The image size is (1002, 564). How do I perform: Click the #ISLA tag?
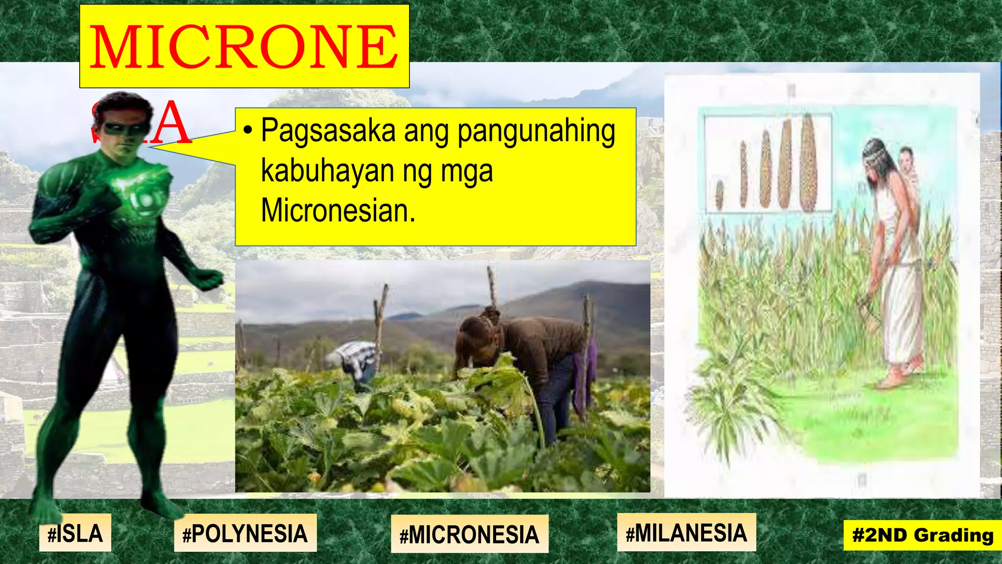(75, 533)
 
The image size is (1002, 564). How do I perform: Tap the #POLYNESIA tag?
(245, 533)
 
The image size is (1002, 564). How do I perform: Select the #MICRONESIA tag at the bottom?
(469, 534)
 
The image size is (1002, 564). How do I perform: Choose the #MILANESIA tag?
(686, 533)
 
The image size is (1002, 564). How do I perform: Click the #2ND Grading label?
(923, 535)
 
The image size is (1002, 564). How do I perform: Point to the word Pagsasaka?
(328, 131)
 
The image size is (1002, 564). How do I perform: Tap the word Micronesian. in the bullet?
(338, 211)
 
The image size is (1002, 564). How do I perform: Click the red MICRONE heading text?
(244, 47)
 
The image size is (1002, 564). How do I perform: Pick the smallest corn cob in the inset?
(720, 194)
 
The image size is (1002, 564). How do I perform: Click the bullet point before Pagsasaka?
(248, 131)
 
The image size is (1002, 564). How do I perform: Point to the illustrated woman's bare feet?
(898, 377)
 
